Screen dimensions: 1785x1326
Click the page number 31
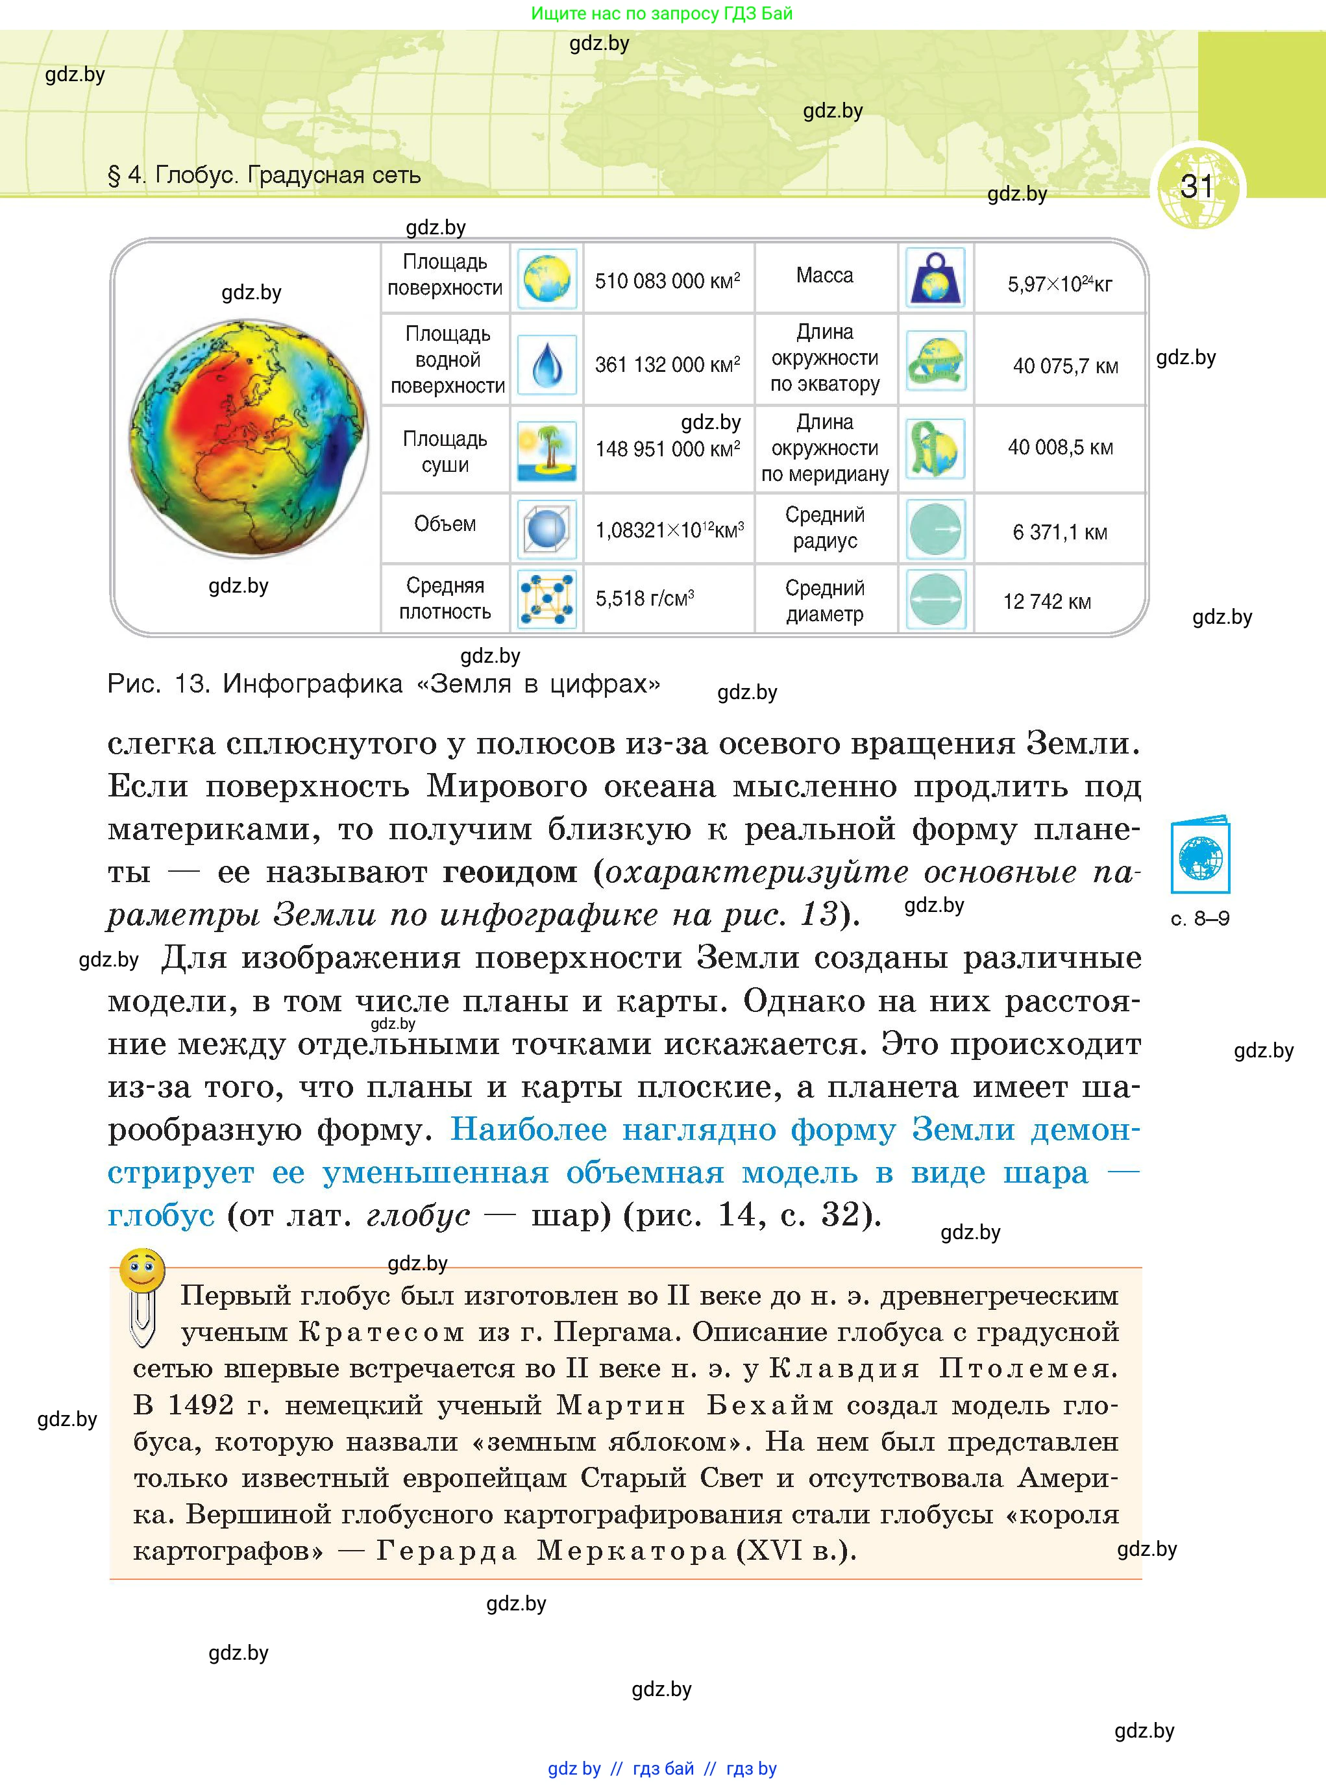point(1196,186)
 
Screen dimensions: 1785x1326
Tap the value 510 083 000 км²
point(667,281)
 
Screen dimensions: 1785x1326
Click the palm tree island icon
point(546,450)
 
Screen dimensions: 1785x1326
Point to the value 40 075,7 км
point(1065,367)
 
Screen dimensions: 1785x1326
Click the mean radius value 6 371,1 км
point(1059,533)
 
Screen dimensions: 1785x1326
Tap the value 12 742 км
point(1047,602)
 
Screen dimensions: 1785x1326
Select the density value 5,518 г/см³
point(645,598)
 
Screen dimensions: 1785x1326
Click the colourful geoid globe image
point(248,438)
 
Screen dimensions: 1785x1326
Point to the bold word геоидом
point(510,872)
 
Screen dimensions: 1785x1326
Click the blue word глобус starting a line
point(160,1215)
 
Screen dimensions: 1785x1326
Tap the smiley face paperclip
point(142,1294)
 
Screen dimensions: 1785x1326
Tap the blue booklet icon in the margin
point(1200,856)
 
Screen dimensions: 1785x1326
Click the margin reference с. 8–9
point(1200,919)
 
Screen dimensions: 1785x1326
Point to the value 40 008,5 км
point(1061,448)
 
